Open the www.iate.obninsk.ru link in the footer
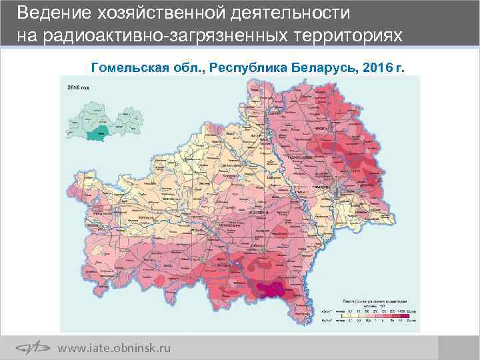coord(114,348)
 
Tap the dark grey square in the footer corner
coord(459,347)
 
